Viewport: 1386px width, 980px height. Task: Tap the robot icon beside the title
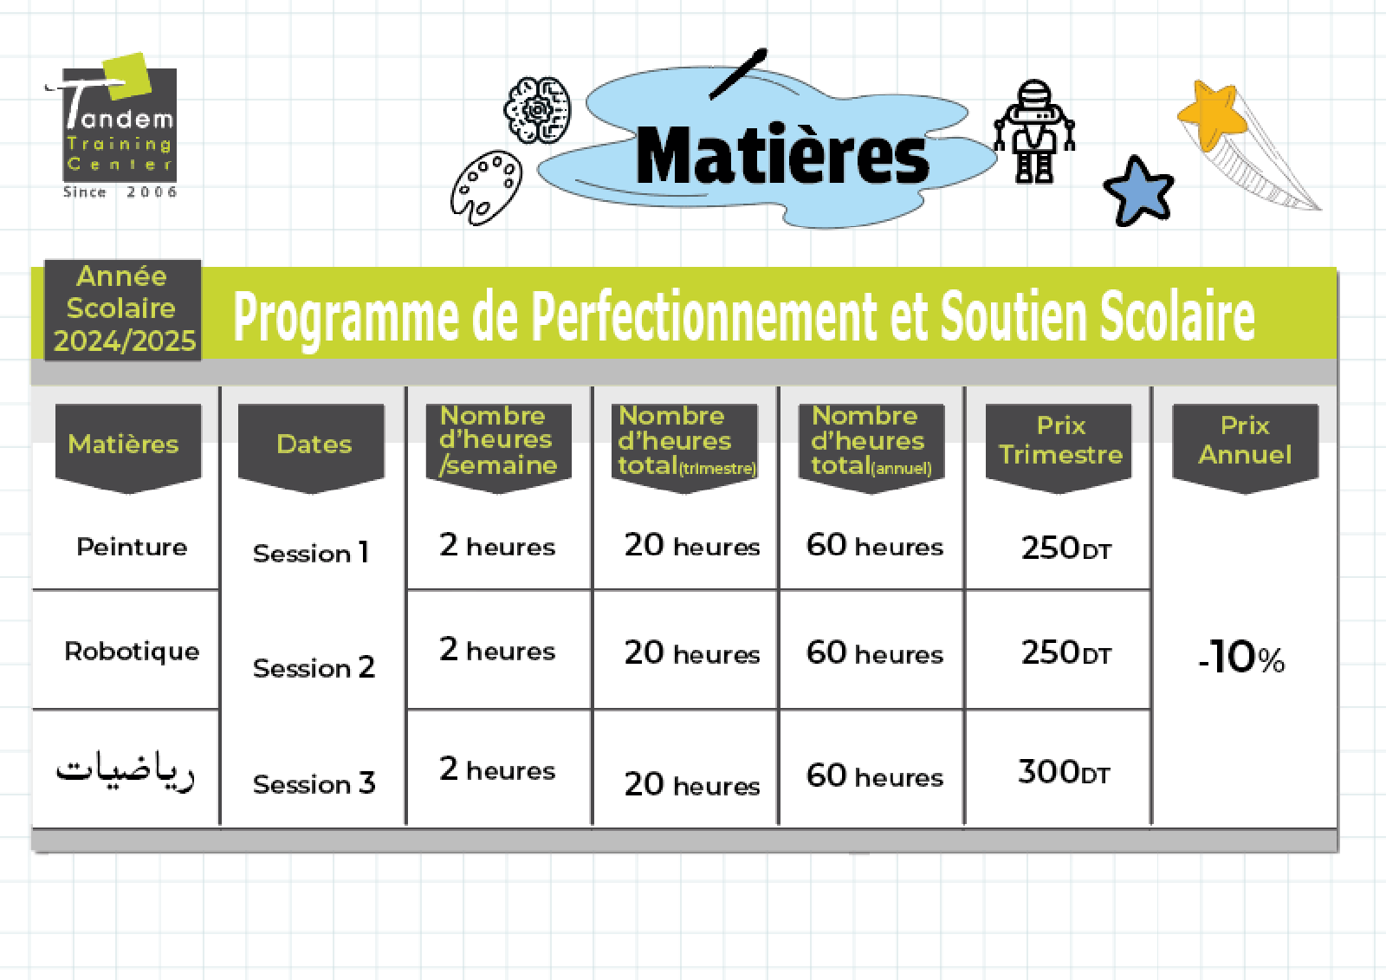coord(1034,131)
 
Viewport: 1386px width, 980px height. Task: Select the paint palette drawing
coord(486,187)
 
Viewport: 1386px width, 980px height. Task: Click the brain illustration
coord(537,110)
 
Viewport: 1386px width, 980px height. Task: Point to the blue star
coord(1138,191)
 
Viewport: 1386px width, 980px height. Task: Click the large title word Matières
coord(782,155)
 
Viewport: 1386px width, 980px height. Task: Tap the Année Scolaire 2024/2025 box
coord(122,309)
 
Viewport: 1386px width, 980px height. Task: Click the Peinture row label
coord(132,547)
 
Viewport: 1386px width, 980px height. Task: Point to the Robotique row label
coord(132,652)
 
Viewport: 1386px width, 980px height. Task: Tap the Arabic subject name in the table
coord(125,771)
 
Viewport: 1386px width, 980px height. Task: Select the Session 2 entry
coord(314,667)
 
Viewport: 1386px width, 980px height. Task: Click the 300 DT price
coord(1065,772)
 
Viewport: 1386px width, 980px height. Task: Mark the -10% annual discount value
coord(1241,657)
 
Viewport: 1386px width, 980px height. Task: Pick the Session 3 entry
coord(314,783)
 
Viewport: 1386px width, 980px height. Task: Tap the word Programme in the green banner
coord(346,318)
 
